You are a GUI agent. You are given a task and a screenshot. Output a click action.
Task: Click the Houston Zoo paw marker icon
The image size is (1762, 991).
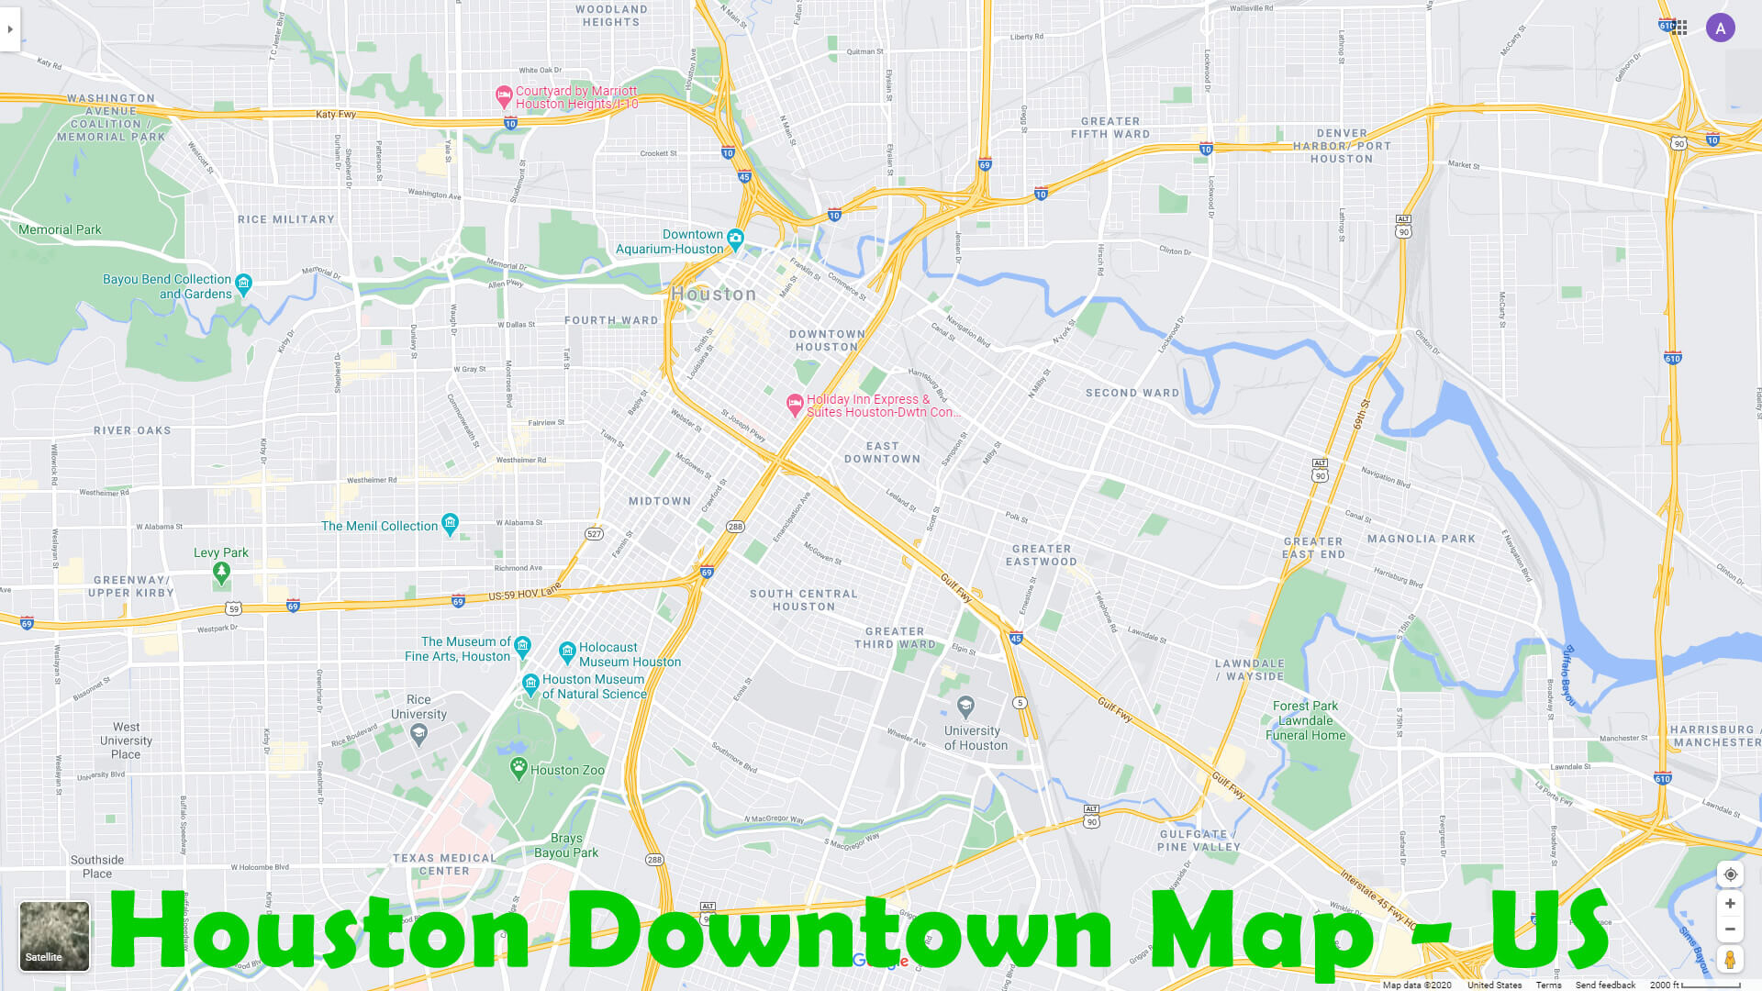pos(519,768)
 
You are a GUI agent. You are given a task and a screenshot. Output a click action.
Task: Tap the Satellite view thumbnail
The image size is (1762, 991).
pos(54,936)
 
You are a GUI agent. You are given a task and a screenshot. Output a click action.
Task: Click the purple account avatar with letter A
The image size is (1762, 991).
pos(1720,28)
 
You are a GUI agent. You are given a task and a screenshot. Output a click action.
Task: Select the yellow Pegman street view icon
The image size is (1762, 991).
pos(1730,960)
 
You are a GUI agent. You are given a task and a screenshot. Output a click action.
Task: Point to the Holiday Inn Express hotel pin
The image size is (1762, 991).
pos(795,404)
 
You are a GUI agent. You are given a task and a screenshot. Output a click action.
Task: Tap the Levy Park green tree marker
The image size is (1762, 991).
pos(221,572)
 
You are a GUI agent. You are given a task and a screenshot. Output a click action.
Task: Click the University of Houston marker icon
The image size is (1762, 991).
pos(965,707)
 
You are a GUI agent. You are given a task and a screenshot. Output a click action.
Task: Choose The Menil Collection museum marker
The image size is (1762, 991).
pos(450,524)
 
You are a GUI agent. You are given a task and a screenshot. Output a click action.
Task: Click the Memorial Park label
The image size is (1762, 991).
pos(60,229)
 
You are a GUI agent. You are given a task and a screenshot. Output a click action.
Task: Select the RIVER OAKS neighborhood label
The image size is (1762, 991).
pos(132,430)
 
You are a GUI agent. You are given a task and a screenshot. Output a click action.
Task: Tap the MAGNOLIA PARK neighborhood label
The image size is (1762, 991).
pos(1422,539)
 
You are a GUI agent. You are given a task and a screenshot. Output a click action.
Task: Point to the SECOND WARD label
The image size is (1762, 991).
pos(1132,393)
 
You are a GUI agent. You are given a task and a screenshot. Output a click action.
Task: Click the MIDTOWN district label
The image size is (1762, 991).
pos(660,501)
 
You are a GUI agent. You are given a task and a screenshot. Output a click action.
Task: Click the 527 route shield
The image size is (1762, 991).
pos(594,534)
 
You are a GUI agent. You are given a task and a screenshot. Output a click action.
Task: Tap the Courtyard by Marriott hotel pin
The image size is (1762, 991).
pos(504,95)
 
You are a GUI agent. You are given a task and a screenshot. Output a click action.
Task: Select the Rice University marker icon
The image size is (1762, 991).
pos(419,732)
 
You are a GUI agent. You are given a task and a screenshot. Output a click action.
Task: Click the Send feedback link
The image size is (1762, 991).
pos(1605,985)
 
